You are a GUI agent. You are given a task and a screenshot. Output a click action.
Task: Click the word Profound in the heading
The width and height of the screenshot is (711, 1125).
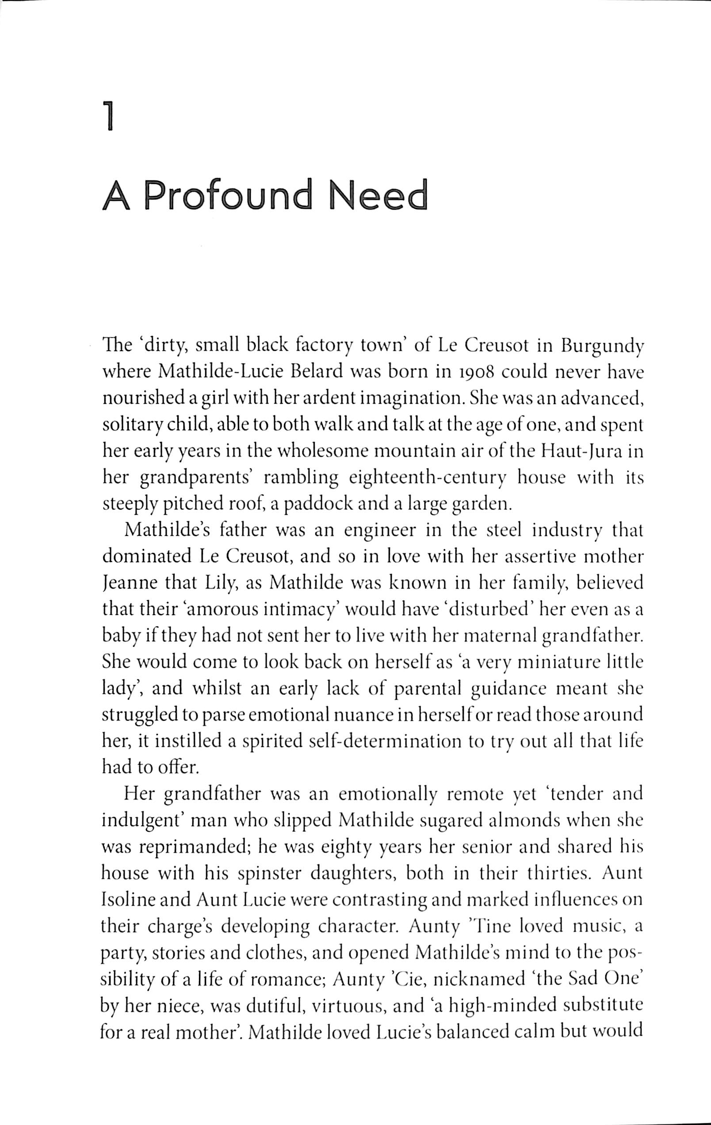click(x=230, y=195)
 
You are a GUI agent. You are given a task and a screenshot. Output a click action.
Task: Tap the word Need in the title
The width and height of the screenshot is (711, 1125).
click(x=378, y=195)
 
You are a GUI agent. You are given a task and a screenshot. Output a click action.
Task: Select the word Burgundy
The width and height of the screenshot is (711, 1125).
click(x=603, y=347)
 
